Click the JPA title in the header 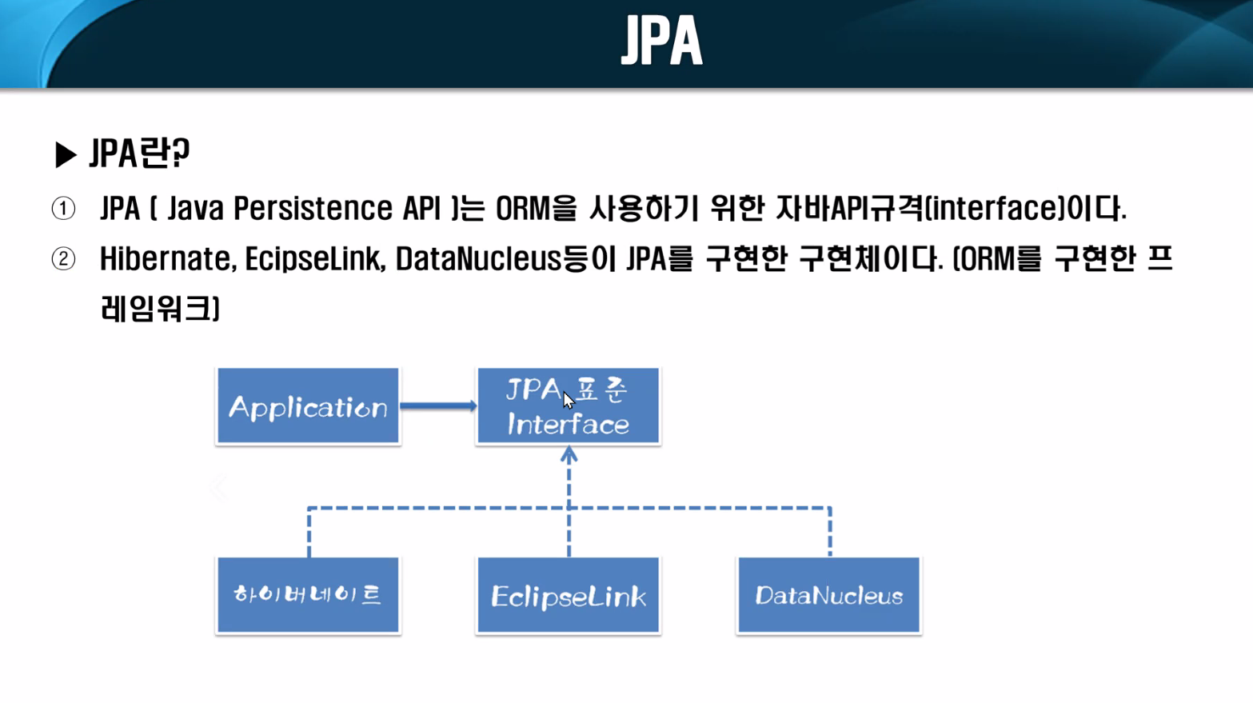tap(661, 41)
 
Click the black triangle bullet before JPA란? tap(65, 154)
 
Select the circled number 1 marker tap(63, 209)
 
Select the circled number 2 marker tap(63, 259)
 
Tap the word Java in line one tap(196, 209)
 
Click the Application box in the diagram tap(308, 406)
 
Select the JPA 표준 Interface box tap(568, 406)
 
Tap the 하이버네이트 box tap(308, 596)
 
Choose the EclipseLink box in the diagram tap(568, 596)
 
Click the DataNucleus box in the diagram tap(828, 596)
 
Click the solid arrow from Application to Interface tap(437, 406)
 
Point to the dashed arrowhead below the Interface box tap(569, 456)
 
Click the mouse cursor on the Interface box tap(568, 400)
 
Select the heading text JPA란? tap(140, 154)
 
